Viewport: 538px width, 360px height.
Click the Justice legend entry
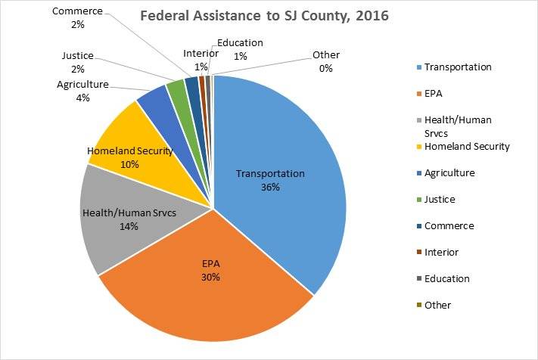(439, 199)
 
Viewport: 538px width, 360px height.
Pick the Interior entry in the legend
(441, 252)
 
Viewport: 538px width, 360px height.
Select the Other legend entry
(437, 305)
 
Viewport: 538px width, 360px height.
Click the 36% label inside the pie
(269, 187)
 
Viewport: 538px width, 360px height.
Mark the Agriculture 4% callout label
(82, 92)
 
